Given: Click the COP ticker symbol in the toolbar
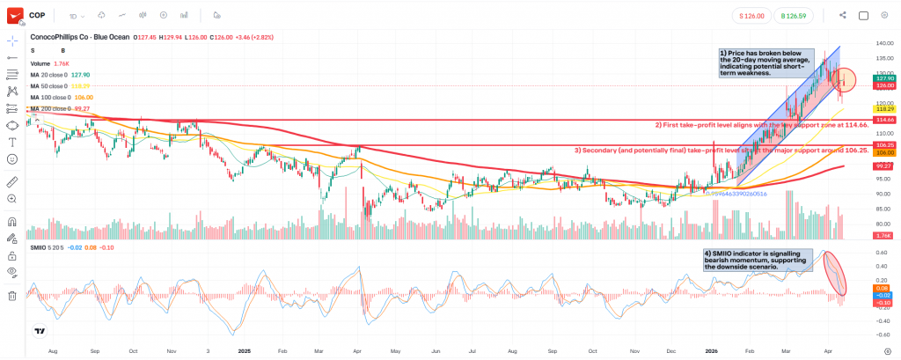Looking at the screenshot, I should point(37,15).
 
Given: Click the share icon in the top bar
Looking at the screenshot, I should point(842,15).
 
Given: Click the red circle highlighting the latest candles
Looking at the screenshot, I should point(844,80).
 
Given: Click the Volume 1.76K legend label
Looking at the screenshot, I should point(48,63).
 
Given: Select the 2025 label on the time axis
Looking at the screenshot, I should point(245,350).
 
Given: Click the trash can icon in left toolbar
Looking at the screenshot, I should point(12,296).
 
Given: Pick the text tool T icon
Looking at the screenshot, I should point(12,142).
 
